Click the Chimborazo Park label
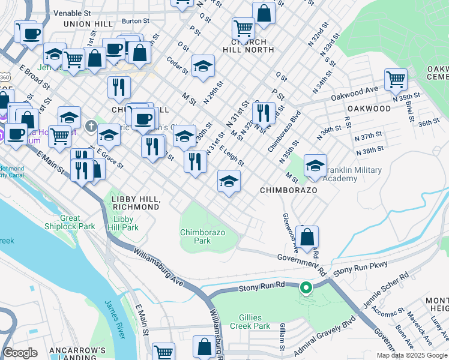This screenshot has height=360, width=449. [196, 236]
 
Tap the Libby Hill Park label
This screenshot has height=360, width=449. [123, 223]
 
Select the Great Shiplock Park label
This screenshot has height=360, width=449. [70, 223]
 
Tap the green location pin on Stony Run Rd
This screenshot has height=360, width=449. [306, 289]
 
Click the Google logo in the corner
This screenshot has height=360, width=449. [20, 353]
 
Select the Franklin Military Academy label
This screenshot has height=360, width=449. [352, 174]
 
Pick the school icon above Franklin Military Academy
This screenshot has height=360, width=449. [315, 166]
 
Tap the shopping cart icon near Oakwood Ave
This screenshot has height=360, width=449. [396, 79]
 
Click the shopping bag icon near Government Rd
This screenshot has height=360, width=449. [307, 236]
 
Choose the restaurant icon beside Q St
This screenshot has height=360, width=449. [263, 112]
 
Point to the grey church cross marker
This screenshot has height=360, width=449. [91, 125]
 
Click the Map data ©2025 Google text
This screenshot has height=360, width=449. [412, 355]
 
